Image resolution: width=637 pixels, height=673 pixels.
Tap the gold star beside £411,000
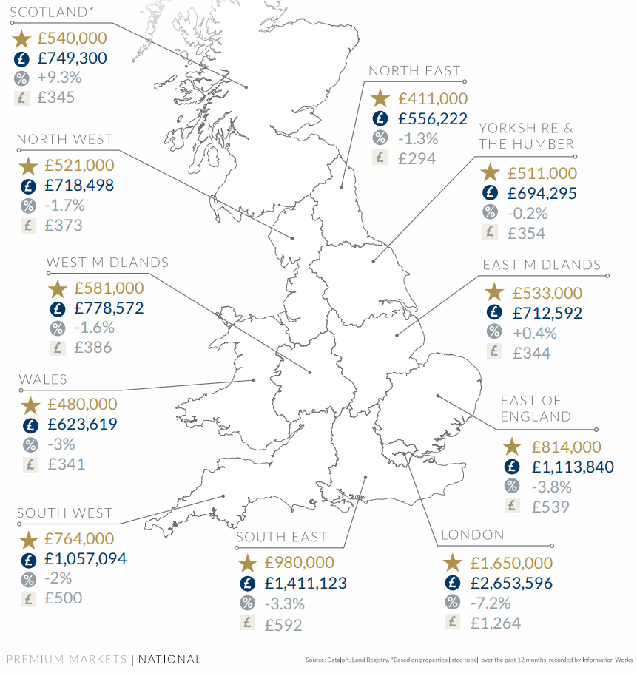380,98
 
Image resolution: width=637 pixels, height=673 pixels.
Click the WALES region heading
43,379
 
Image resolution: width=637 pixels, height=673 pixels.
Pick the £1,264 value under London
495,623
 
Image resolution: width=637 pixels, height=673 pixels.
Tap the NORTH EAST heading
414,71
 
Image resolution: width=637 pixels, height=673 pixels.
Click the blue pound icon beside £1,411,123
246,584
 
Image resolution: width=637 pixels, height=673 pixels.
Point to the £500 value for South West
63,598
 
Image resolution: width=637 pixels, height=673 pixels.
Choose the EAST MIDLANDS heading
542,265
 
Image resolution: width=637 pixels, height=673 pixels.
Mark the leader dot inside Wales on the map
254,381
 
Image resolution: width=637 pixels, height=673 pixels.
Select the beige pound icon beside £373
28,226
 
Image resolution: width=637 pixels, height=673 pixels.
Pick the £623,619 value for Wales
82,425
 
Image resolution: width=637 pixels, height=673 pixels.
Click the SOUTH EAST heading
281,537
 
